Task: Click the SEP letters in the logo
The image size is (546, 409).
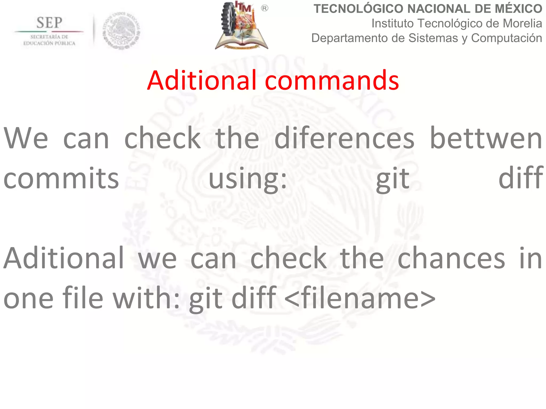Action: pos(49,23)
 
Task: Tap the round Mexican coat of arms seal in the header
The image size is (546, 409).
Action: pos(122,31)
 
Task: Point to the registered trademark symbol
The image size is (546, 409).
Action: pos(264,9)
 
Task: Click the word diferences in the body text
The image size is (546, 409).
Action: pos(344,138)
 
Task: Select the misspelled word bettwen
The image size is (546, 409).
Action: pos(486,138)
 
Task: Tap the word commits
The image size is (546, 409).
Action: pos(61,178)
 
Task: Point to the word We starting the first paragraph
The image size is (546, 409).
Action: pos(26,138)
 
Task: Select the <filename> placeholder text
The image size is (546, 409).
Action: pos(360,298)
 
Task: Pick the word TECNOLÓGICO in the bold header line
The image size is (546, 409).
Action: pos(358,9)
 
